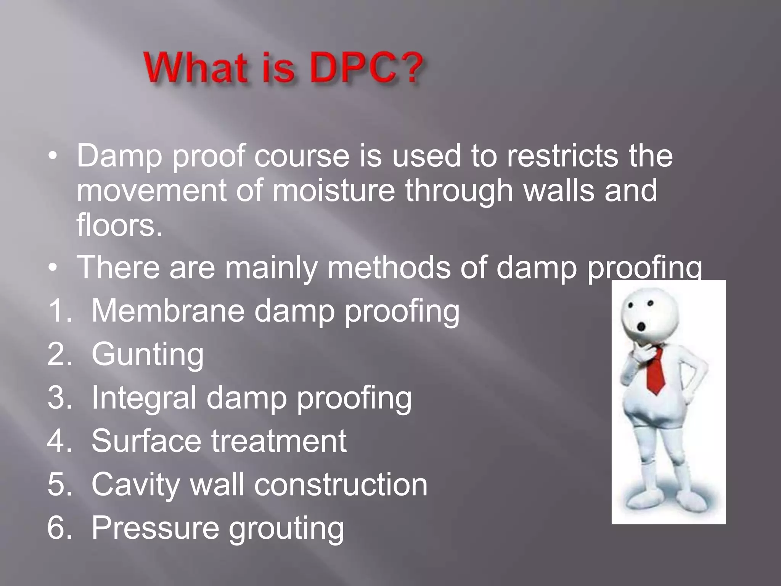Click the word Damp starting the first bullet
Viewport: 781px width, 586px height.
[x=119, y=156]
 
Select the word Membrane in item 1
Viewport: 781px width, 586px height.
[x=168, y=311]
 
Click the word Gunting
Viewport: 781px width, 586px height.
[x=148, y=354]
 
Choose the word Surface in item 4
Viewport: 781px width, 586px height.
[x=146, y=441]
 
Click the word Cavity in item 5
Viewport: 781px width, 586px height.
[x=135, y=485]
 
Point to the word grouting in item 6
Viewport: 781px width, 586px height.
[x=286, y=529]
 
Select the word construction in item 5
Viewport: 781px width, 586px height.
[x=341, y=485]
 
